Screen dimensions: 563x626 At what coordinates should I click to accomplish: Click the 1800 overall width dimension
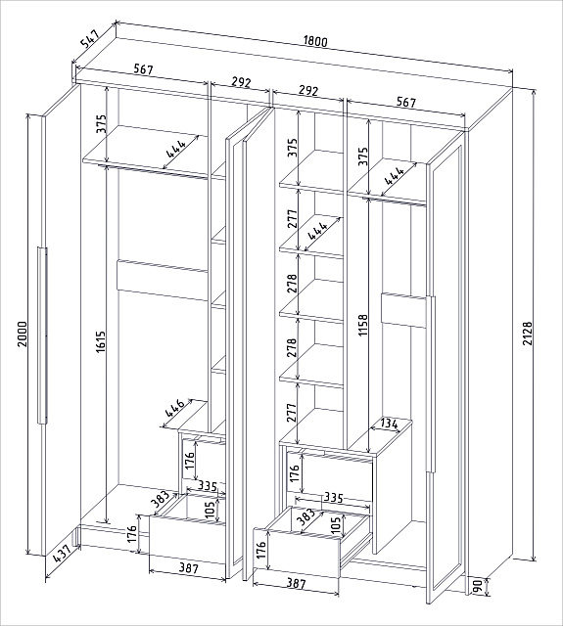(x=315, y=41)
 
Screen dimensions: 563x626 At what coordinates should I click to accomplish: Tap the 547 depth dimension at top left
(x=89, y=37)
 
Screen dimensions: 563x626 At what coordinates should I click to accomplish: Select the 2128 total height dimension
(x=528, y=333)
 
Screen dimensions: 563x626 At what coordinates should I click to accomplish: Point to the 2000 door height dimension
(x=22, y=334)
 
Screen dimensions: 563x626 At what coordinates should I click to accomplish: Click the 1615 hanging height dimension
(x=100, y=341)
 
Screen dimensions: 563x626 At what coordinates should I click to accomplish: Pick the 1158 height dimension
(x=363, y=325)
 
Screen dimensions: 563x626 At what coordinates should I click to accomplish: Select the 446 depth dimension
(x=175, y=408)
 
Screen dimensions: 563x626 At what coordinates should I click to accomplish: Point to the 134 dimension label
(x=389, y=425)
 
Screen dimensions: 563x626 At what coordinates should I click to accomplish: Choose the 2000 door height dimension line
(x=28, y=335)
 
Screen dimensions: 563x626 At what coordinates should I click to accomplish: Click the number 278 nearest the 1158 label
(x=292, y=284)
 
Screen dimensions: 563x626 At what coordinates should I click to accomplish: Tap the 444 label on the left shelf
(x=176, y=149)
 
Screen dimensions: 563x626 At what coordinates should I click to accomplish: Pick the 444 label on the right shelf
(x=395, y=175)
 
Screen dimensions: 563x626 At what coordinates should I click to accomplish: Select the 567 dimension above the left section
(x=143, y=69)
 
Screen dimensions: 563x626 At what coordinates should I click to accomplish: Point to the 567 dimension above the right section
(x=406, y=102)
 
